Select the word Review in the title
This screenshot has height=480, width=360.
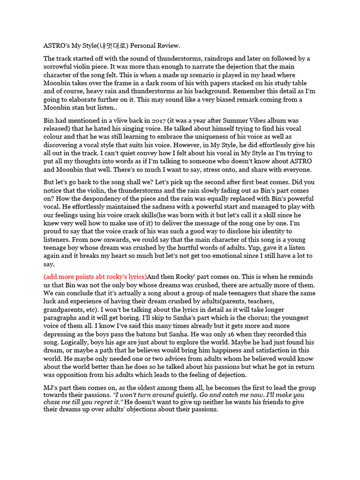pos(167,45)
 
